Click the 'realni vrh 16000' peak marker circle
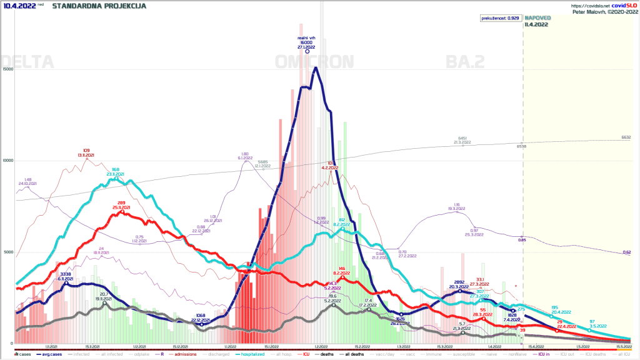(307, 52)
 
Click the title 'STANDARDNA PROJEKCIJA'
(99, 6)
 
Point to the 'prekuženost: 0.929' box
(500, 18)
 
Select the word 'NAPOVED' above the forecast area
(536, 18)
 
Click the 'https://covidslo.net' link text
(591, 6)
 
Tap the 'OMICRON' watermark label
(314, 62)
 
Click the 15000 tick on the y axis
(7, 69)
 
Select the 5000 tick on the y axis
(7, 252)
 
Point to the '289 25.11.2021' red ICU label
(121, 204)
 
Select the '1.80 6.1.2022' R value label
(246, 156)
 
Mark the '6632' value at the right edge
(626, 137)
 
